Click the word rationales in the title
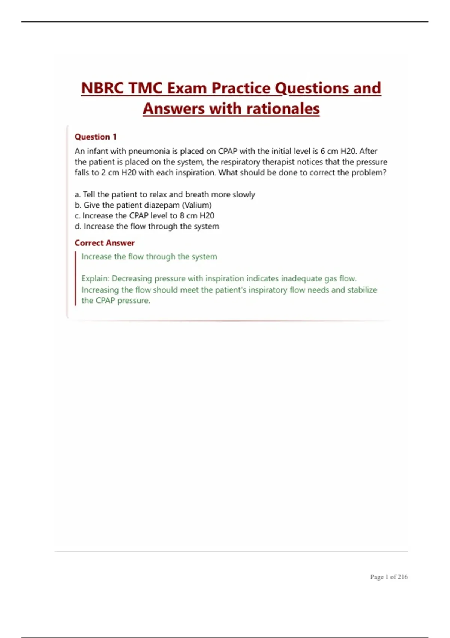pyautogui.click(x=283, y=109)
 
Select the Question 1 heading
pyautogui.click(x=96, y=137)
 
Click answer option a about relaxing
pyautogui.click(x=165, y=194)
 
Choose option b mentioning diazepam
pyautogui.click(x=143, y=205)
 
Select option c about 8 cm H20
pyautogui.click(x=144, y=215)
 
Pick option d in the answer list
pyautogui.click(x=147, y=226)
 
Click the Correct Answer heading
pyautogui.click(x=104, y=243)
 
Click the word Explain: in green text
pyautogui.click(x=95, y=278)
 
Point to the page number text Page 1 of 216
pyautogui.click(x=388, y=577)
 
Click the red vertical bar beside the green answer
pyautogui.click(x=75, y=278)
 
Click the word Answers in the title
pyautogui.click(x=174, y=109)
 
